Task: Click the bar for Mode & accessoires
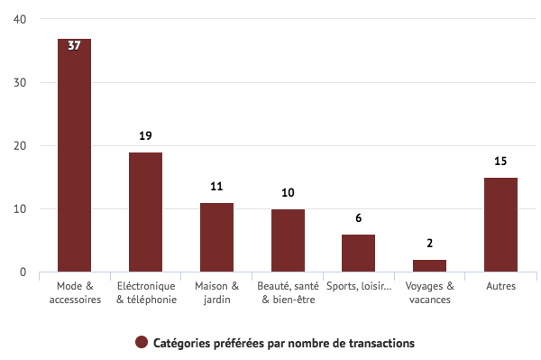coord(74,155)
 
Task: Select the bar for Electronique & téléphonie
coord(145,212)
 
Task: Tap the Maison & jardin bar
coord(216,237)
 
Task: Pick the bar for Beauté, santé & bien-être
coord(288,240)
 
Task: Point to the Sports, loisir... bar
coord(358,253)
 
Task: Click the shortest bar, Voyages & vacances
coord(429,265)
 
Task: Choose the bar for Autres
coord(500,225)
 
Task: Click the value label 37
coord(74,45)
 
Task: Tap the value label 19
coord(145,136)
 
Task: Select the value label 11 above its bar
coord(216,187)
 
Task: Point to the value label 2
coord(429,244)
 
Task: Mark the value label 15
coord(500,162)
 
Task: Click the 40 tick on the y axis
coord(20,20)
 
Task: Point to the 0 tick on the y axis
coord(23,272)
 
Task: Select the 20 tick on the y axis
coord(20,146)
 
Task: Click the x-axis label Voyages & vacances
coord(429,292)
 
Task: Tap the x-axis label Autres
coord(500,287)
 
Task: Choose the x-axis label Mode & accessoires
coord(74,292)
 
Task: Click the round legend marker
coord(142,343)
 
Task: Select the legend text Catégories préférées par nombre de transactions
coord(283,343)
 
